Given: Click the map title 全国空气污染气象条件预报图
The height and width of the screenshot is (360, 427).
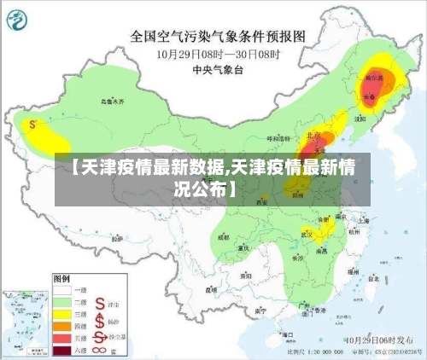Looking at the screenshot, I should pos(217,37).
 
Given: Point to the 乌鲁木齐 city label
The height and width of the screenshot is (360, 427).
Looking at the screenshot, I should pos(111,101).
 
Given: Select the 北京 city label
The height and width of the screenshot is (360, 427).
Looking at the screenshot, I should pos(314,135).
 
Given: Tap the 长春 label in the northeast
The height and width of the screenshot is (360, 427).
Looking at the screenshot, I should pos(370,96).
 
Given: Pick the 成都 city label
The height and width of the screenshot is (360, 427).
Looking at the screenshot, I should pos(224,238).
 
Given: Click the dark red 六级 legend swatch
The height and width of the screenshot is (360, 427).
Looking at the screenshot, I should pos(63,350).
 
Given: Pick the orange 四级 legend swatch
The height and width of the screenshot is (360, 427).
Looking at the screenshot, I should pos(63,325).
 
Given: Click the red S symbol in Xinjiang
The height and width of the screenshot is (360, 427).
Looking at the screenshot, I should pos(32,124).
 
